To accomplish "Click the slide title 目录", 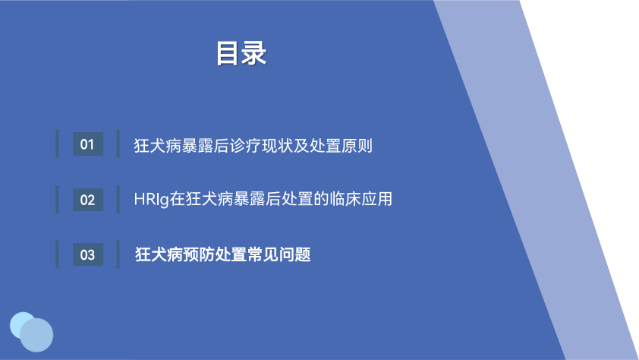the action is [x=241, y=53].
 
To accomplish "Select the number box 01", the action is [x=87, y=144].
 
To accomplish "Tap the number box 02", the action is [x=87, y=200].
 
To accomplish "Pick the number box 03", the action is [x=87, y=255].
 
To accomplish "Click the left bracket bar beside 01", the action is [x=58, y=144].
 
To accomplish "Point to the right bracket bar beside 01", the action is [x=118, y=144].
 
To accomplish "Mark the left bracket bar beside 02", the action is [x=58, y=199].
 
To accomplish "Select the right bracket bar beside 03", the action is [x=118, y=254].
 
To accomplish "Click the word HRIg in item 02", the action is [x=152, y=200].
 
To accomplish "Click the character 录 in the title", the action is [x=254, y=53].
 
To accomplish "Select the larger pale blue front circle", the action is [x=36, y=335].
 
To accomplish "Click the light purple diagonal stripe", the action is [x=538, y=179].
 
